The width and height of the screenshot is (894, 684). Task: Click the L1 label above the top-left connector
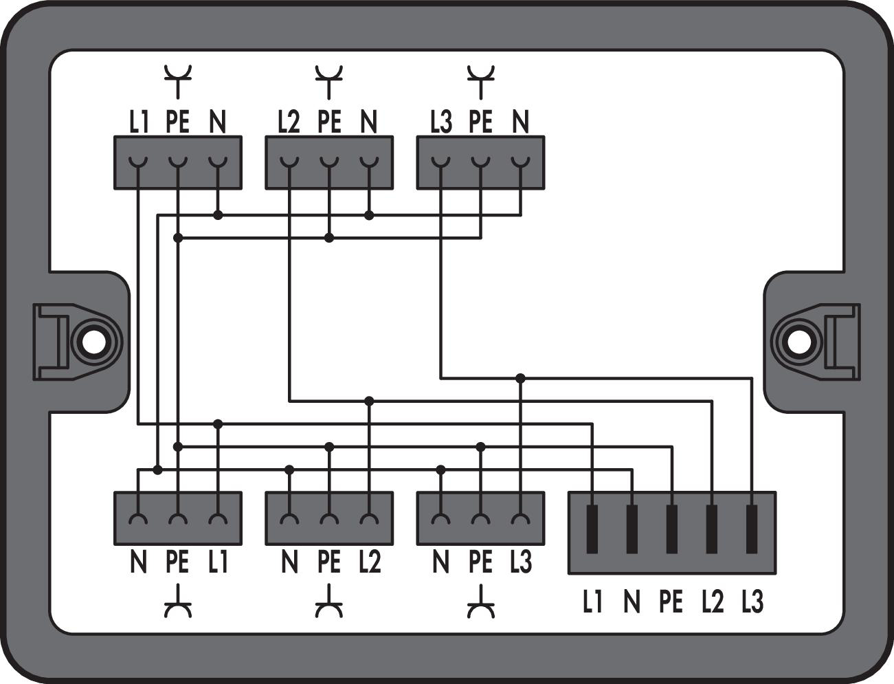coord(139,122)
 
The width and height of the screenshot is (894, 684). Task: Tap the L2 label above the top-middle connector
coord(289,122)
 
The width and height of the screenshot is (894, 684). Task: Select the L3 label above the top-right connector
coord(440,122)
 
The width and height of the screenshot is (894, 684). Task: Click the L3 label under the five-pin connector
coord(752,602)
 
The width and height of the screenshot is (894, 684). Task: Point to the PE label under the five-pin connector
coord(671,602)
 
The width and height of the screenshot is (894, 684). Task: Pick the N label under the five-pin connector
coord(632,602)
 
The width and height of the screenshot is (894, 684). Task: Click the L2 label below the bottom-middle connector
coord(369,562)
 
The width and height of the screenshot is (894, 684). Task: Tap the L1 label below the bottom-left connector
coord(218,562)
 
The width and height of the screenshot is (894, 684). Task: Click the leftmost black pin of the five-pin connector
coord(592,529)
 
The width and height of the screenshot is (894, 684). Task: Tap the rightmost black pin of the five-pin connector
coord(752,529)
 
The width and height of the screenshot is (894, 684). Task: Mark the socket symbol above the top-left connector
coord(178,81)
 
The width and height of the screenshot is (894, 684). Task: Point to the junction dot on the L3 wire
coord(520,378)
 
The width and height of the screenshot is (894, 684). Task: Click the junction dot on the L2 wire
coord(369,400)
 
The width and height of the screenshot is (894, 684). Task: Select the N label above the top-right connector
coord(521,122)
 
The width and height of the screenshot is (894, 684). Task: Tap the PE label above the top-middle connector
coord(329,122)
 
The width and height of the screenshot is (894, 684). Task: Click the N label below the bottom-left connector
coord(138,562)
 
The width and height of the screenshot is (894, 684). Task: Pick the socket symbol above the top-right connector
coord(480,81)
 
